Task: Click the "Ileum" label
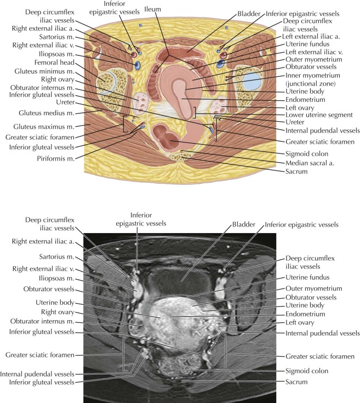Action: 152,9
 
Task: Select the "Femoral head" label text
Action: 54,63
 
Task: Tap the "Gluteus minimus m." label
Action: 44,71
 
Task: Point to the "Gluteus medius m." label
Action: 47,113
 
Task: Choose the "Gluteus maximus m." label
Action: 44,127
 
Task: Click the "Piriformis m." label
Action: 56,158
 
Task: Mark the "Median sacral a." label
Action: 310,163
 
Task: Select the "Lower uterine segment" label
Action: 319,115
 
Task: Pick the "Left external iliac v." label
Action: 314,52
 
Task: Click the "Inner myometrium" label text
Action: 313,76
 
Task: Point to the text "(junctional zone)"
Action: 311,83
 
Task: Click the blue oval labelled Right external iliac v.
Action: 137,66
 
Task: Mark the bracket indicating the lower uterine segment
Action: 196,112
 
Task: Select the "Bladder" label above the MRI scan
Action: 244,225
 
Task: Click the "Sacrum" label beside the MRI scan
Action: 296,382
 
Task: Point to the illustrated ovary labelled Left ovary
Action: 219,106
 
